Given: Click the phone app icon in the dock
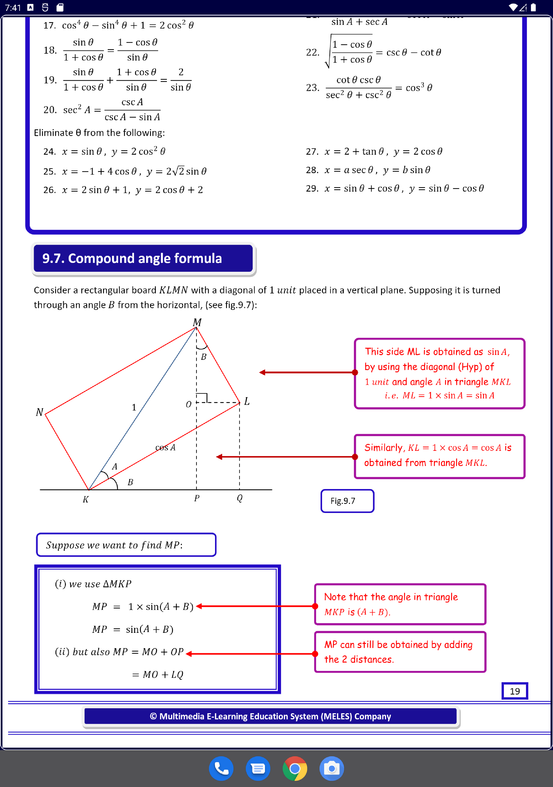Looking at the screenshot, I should (221, 768).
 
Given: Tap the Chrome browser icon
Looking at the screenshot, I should (295, 768).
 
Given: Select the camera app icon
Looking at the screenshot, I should (331, 768).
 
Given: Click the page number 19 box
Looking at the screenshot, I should (515, 691).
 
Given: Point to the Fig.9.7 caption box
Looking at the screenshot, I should (347, 501).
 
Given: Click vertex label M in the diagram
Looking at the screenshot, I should (197, 322).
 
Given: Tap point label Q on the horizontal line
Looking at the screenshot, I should (239, 498).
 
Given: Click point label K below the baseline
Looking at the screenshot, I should (86, 499).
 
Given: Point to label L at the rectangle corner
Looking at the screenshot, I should (247, 401).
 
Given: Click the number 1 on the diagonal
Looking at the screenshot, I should (134, 407).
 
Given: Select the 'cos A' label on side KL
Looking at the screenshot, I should (165, 447).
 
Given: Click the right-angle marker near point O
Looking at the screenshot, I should (202, 398).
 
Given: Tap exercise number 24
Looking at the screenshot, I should (49, 151).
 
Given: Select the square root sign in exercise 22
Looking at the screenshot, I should (328, 51).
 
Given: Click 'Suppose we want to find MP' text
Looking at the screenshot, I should (114, 545).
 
